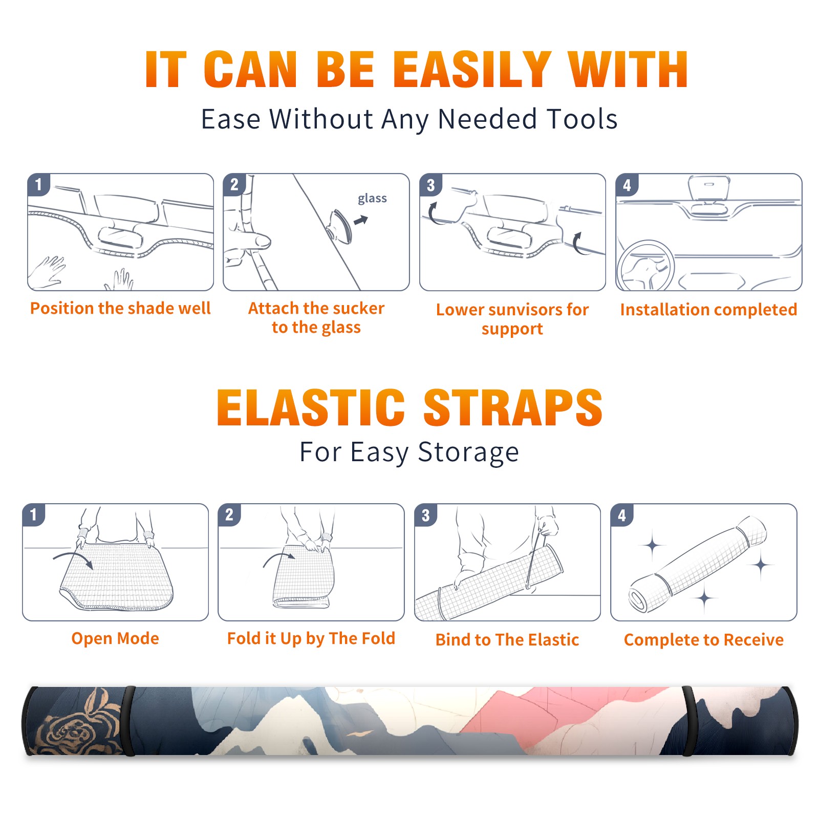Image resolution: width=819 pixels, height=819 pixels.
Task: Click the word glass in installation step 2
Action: pos(372,199)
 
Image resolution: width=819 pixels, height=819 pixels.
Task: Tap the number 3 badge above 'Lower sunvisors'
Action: pos(430,185)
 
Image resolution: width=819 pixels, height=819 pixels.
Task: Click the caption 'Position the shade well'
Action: pos(120,308)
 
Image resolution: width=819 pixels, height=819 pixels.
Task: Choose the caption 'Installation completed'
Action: pos(708,309)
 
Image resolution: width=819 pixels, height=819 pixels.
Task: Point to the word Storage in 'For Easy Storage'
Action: pos(468,452)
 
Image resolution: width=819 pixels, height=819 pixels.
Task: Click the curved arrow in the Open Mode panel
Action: pos(73,558)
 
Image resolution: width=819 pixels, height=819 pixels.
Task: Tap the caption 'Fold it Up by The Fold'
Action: pos(311,638)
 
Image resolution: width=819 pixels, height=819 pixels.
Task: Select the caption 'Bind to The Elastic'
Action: pos(507,640)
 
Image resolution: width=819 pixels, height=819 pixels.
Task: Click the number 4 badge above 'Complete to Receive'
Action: pos(622,515)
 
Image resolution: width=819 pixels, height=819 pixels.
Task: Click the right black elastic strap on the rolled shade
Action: pos(689,721)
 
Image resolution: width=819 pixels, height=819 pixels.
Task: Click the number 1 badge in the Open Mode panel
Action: pos(34,515)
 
